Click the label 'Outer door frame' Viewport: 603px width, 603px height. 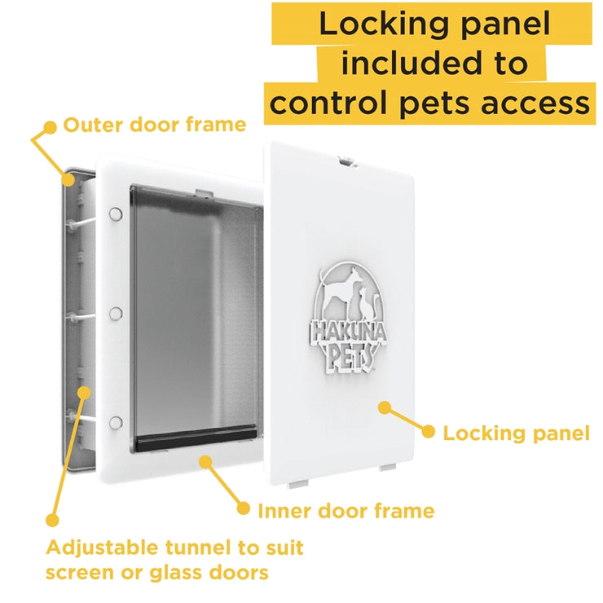point(155,125)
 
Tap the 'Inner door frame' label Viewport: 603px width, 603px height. point(346,511)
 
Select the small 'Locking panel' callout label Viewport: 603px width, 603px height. point(516,434)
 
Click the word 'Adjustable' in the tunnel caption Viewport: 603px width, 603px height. point(102,548)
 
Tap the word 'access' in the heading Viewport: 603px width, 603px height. point(535,103)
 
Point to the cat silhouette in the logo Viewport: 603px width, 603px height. point(367,304)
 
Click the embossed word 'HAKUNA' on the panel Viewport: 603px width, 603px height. point(349,332)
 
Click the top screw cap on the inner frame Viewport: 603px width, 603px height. point(116,213)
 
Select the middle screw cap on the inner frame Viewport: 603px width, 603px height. point(116,314)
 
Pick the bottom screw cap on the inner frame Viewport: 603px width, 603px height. point(116,423)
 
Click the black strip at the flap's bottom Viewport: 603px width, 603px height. point(196,438)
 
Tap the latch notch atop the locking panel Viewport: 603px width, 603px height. point(346,161)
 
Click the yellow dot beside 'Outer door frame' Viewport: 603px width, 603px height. point(50,127)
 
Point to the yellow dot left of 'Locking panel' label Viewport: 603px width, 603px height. point(428,432)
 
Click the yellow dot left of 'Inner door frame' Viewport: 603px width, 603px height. point(243,508)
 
